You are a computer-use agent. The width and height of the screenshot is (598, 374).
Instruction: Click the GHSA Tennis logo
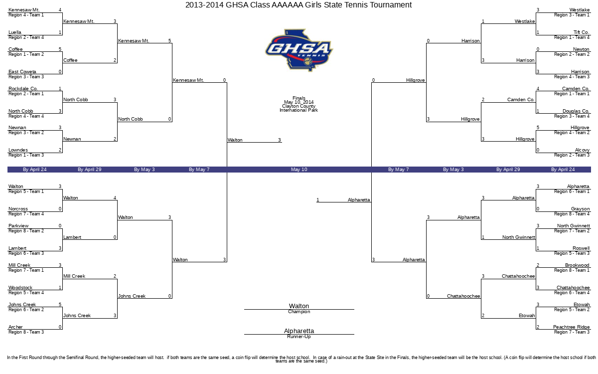click(x=299, y=50)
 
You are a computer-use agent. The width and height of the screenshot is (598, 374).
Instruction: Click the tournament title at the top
click(x=299, y=5)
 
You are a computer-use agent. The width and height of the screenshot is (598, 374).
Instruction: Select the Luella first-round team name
click(x=15, y=32)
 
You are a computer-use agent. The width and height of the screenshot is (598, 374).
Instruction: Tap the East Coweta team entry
click(x=22, y=72)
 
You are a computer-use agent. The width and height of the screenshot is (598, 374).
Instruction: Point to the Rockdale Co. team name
click(x=23, y=88)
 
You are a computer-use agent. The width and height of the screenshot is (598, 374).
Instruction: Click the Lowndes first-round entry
click(x=18, y=150)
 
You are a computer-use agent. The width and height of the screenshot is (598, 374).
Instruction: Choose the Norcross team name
click(x=18, y=208)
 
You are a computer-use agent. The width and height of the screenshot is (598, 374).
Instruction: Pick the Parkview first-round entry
click(x=18, y=226)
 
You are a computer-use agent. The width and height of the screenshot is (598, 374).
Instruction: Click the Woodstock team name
click(x=20, y=287)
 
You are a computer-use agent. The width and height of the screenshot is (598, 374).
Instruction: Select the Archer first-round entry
click(x=15, y=327)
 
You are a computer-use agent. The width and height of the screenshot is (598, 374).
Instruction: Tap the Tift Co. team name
click(x=582, y=32)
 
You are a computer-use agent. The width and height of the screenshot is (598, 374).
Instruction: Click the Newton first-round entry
click(x=581, y=49)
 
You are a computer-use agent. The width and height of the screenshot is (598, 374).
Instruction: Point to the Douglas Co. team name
click(x=576, y=111)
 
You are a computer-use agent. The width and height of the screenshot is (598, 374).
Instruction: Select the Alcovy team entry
click(x=582, y=150)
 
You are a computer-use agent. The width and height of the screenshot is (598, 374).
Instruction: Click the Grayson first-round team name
click(x=581, y=208)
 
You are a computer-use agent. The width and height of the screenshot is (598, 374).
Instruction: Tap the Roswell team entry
click(x=581, y=248)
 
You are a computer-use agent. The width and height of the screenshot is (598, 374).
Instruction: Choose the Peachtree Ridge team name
click(x=571, y=327)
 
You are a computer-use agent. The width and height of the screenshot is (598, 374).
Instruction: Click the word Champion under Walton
click(x=299, y=312)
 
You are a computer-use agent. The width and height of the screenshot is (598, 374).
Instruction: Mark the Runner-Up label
click(x=299, y=337)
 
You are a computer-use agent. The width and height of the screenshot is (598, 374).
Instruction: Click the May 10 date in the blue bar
click(x=299, y=170)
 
